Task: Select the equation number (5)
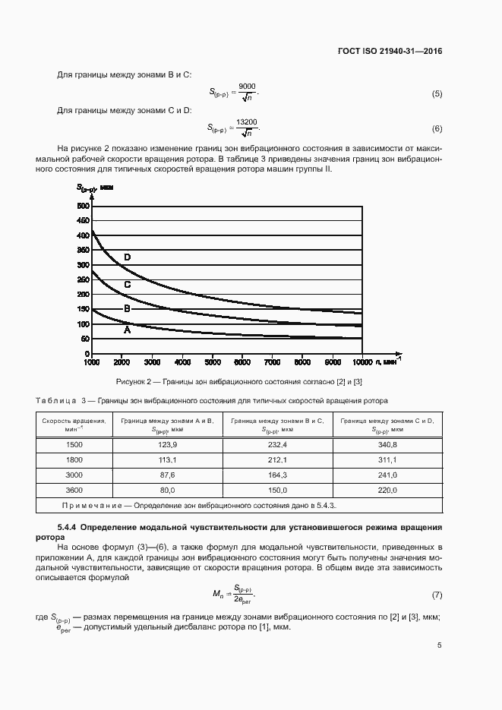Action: pos(437,93)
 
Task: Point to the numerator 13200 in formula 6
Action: pos(247,121)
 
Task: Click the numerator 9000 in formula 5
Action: pos(247,87)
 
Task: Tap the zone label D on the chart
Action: pos(127,257)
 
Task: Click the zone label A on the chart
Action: pos(127,330)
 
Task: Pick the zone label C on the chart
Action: pos(127,285)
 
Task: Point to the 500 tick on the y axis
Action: pos(83,206)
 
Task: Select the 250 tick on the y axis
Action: pos(83,280)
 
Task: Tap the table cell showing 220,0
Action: pos(387,490)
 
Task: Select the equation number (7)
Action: pos(437,594)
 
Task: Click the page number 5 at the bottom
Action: pos(440,646)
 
